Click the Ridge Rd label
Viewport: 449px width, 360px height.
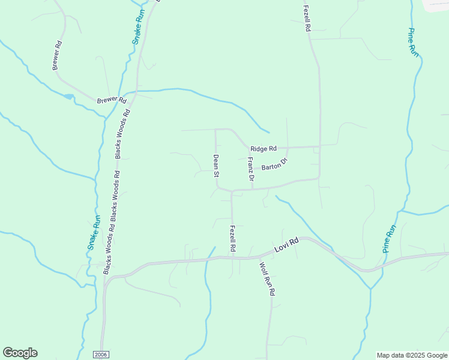pos(264,148)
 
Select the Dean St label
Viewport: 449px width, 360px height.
pos(215,167)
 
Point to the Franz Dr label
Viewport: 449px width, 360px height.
pos(251,169)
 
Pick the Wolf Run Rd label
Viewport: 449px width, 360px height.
pos(267,278)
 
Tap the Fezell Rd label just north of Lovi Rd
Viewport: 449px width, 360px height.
pos(232,238)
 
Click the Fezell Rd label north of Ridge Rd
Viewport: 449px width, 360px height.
pos(307,18)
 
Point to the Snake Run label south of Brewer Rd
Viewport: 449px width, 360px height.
pos(92,233)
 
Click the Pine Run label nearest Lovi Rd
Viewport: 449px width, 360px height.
pos(390,238)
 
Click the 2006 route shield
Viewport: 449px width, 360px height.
pos(101,355)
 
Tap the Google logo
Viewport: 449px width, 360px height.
pos(20,353)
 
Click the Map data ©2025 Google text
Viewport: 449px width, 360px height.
pos(412,355)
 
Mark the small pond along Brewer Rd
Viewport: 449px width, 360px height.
pos(68,96)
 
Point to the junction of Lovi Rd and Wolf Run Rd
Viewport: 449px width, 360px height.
pos(259,257)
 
